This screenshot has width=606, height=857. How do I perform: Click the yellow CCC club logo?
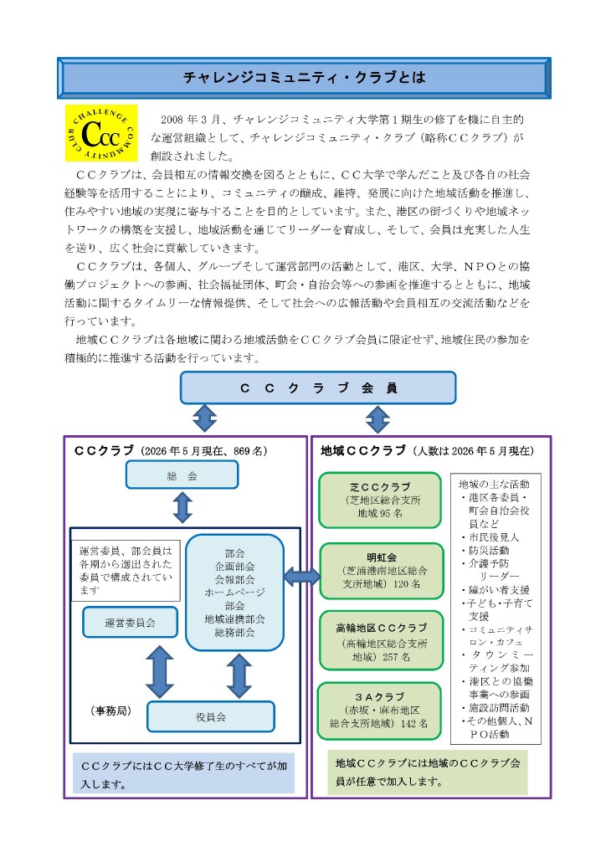coord(101,133)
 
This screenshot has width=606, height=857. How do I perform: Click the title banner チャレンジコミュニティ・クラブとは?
coord(304,78)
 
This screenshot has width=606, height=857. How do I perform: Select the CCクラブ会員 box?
coord(318,388)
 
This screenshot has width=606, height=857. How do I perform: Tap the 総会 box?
coord(182,475)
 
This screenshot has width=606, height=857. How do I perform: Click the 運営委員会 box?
coord(130,622)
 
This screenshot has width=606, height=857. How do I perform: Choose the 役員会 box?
coord(211,716)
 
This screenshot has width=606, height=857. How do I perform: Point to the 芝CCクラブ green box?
coord(380,500)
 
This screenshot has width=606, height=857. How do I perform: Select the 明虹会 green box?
coord(381,571)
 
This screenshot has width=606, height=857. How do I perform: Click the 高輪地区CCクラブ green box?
coord(381,640)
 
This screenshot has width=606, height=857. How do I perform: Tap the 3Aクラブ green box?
coord(379,711)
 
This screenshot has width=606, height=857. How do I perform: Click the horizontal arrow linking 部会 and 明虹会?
coord(302,576)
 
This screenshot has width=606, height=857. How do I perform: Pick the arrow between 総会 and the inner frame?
coord(182,508)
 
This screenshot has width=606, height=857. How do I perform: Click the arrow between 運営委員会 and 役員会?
coord(160,672)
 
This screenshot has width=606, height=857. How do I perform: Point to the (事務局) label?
coord(111,711)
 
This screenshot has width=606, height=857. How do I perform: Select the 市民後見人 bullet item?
coord(490,536)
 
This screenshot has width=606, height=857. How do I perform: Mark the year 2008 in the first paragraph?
coord(172,119)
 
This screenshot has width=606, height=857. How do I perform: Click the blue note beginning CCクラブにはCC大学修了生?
coord(183,774)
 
